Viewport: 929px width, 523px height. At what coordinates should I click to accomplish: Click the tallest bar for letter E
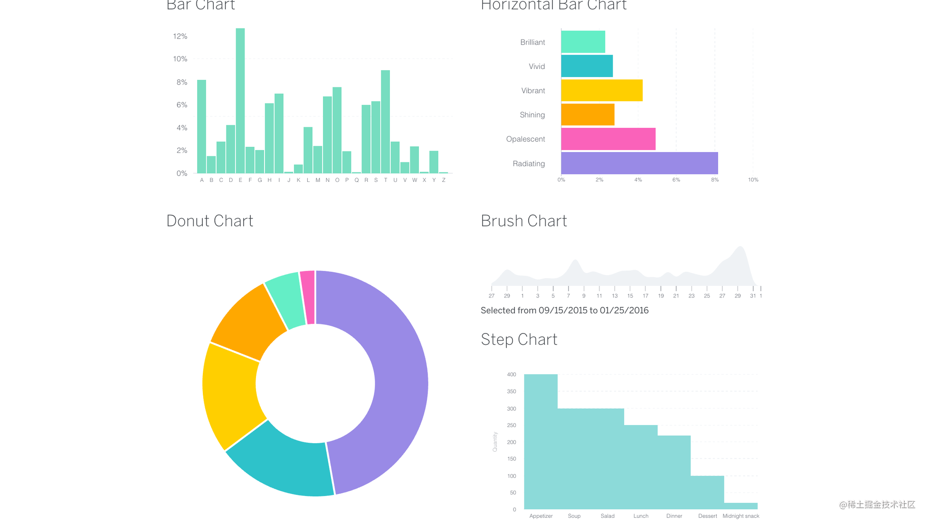point(240,101)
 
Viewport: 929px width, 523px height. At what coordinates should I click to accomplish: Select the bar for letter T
point(385,122)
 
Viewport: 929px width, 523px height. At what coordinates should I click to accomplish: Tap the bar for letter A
point(201,126)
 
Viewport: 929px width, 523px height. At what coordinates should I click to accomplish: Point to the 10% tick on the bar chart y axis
point(180,59)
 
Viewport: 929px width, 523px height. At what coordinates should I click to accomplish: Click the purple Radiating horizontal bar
point(639,163)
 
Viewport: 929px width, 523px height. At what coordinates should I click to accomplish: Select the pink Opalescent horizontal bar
point(608,139)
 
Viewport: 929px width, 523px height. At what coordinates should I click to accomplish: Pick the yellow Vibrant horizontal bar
point(601,90)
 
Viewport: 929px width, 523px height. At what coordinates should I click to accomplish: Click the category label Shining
point(532,115)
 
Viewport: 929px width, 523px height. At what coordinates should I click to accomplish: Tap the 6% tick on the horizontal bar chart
point(676,180)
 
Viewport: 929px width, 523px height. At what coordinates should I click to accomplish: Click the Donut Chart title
point(209,221)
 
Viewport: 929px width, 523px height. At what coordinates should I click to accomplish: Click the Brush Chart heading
point(523,221)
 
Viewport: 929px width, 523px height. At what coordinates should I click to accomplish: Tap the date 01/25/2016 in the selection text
point(624,311)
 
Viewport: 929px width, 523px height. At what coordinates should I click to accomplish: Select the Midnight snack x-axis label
point(740,516)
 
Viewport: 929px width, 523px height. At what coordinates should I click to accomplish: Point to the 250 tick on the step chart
point(511,425)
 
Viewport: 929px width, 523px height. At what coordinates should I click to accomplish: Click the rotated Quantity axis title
point(495,442)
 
